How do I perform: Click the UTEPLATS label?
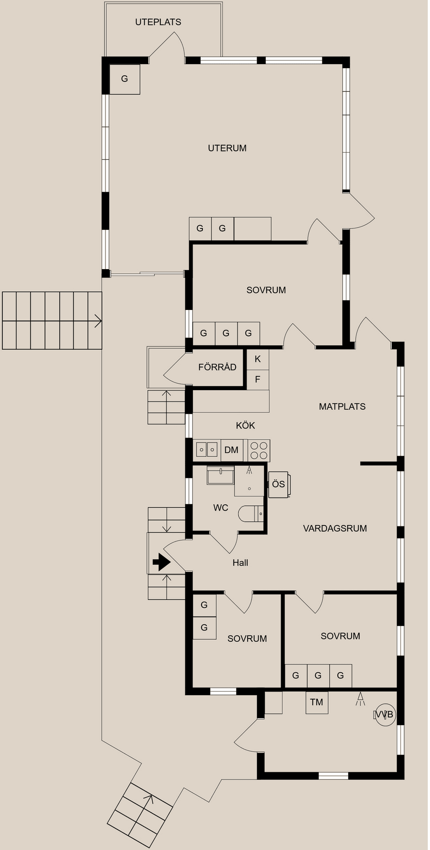point(158,22)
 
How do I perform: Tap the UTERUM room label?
point(227,148)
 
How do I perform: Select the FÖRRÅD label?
point(217,367)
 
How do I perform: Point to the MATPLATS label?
point(342,407)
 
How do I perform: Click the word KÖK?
point(245,425)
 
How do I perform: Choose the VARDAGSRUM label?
point(335,528)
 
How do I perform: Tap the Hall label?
point(240,563)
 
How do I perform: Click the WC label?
point(221,508)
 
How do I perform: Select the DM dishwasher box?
point(232,450)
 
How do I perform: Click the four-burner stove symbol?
point(259,450)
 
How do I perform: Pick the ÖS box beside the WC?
point(279,485)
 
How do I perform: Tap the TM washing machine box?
point(317,702)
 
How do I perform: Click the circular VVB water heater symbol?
point(385,714)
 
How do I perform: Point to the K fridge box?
point(258,359)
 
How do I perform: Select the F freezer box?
point(258,380)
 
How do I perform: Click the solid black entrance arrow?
point(162,562)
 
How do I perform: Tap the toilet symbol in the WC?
point(251,514)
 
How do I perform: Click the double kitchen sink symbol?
point(207,449)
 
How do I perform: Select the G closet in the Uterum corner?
point(125,79)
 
